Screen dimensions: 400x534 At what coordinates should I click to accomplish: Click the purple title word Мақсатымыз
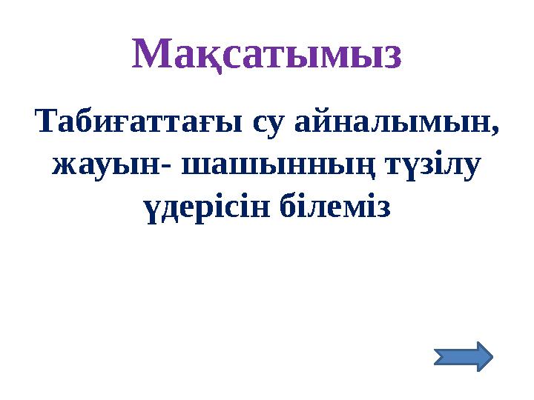tap(267, 53)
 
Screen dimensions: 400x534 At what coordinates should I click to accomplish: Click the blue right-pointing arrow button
tap(462, 356)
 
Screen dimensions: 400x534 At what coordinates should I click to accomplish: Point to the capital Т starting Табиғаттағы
tap(46, 121)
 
